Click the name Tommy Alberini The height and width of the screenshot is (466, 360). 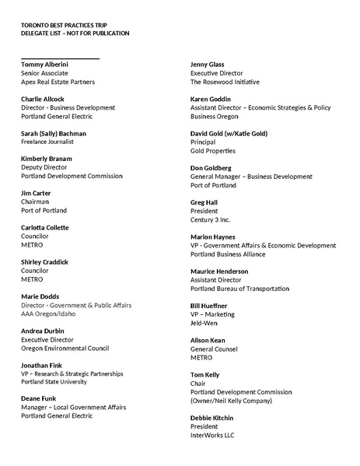(x=44, y=64)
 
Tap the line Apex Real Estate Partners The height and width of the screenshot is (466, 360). (x=58, y=82)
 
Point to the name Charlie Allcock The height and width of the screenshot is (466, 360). (x=43, y=99)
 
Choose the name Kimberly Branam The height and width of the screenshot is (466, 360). (x=47, y=159)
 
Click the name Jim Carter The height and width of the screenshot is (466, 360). (x=36, y=193)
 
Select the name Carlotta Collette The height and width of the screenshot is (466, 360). (x=44, y=227)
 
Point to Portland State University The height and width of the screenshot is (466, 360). (x=54, y=382)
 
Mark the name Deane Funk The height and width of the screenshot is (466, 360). (x=39, y=399)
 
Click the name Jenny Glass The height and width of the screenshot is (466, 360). (x=208, y=64)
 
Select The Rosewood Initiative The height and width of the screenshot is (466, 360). (x=225, y=82)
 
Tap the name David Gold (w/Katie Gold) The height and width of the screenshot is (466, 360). (x=229, y=133)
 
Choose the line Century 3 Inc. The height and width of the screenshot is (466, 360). (x=211, y=219)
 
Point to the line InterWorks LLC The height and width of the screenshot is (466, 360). (x=212, y=435)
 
